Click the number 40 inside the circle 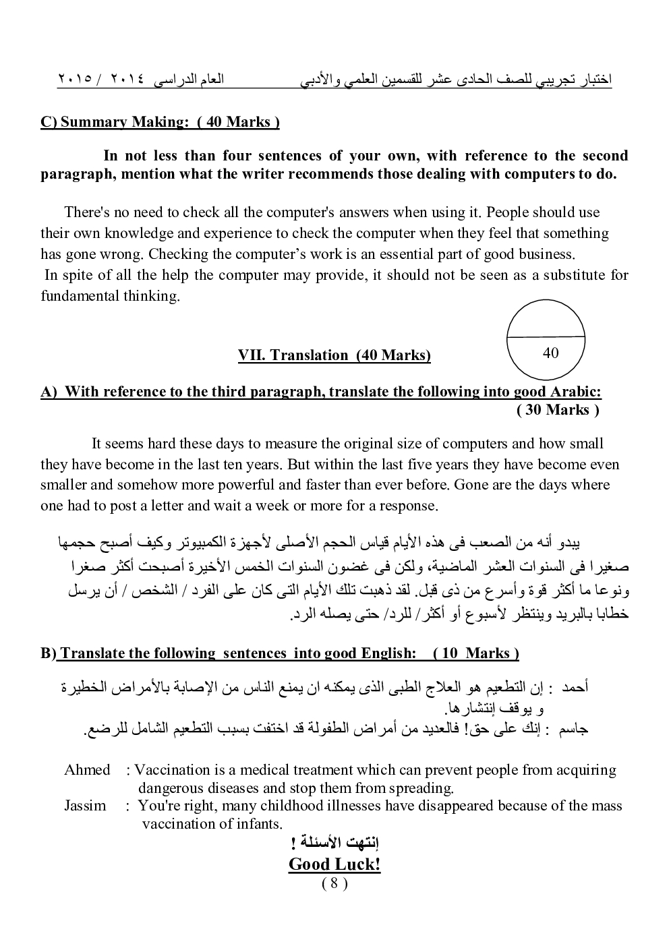pos(550,353)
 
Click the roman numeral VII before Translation pos(252,355)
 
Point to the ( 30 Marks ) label pos(558,410)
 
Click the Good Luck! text pos(334,864)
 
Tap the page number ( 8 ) pos(334,884)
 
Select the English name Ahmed pos(87,770)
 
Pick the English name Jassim pos(85,805)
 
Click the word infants pos(259,823)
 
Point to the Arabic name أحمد pos(575,687)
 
